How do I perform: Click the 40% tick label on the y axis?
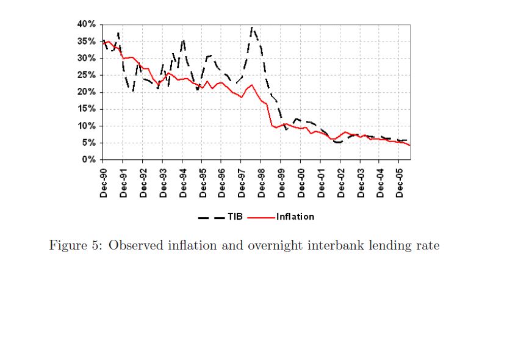coord(85,24)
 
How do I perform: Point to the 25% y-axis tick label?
coord(85,75)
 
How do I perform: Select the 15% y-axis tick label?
coord(85,109)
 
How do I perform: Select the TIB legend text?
coord(235,217)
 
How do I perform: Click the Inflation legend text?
coord(295,217)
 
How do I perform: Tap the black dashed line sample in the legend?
coord(210,217)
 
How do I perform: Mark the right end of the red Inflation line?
coord(410,145)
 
